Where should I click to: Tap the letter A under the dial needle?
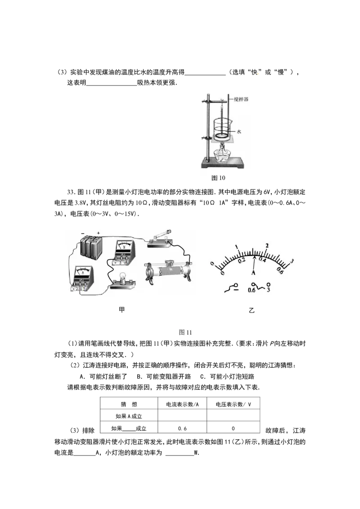pyautogui.click(x=253, y=272)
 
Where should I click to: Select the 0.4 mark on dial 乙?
pyautogui.click(x=262, y=260)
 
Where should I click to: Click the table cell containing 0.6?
pyautogui.click(x=182, y=429)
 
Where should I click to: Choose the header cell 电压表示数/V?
pyautogui.click(x=233, y=404)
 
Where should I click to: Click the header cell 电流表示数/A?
pyautogui.click(x=182, y=404)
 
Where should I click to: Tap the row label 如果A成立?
pyautogui.click(x=129, y=416)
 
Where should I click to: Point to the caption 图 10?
pyautogui.click(x=218, y=178)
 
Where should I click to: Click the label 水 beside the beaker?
pyautogui.click(x=239, y=131)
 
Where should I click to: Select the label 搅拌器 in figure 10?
pyautogui.click(x=241, y=99)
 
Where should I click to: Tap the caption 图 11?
pyautogui.click(x=185, y=332)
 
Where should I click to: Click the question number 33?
pyautogui.click(x=71, y=192)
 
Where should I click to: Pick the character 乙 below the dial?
pyautogui.click(x=252, y=310)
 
